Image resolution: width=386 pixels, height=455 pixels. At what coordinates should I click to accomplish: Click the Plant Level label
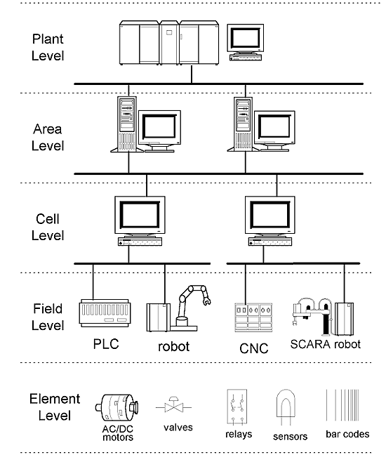coord(48,47)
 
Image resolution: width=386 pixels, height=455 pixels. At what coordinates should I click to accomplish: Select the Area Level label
coord(48,137)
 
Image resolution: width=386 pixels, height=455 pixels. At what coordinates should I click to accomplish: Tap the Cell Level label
coord(48,227)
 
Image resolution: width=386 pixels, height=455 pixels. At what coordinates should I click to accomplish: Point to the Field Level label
coord(48,317)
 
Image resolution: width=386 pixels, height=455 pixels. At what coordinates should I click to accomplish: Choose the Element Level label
coord(55,407)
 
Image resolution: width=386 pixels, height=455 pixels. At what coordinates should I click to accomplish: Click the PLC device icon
coord(105,313)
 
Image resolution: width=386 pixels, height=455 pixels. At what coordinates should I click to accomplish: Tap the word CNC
coord(254,348)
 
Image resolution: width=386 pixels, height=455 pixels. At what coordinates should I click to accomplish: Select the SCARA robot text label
coord(326,344)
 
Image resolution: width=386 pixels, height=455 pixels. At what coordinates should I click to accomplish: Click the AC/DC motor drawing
coord(117,407)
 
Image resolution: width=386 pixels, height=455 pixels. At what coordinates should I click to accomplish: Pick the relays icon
coord(237,407)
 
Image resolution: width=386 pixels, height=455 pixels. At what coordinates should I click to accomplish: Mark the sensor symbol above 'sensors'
coord(286,407)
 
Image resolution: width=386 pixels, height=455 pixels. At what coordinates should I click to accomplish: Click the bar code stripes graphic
coord(342,405)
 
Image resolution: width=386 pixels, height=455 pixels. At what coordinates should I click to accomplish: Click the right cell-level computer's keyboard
coord(270,242)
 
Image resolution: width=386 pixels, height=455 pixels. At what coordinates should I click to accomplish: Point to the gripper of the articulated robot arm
coord(207,301)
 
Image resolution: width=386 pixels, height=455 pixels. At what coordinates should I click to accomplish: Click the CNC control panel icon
coord(253,317)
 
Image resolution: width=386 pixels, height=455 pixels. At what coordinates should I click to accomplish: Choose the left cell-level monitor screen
coord(140,215)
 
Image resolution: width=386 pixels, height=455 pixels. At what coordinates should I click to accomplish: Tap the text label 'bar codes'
coord(347,434)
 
